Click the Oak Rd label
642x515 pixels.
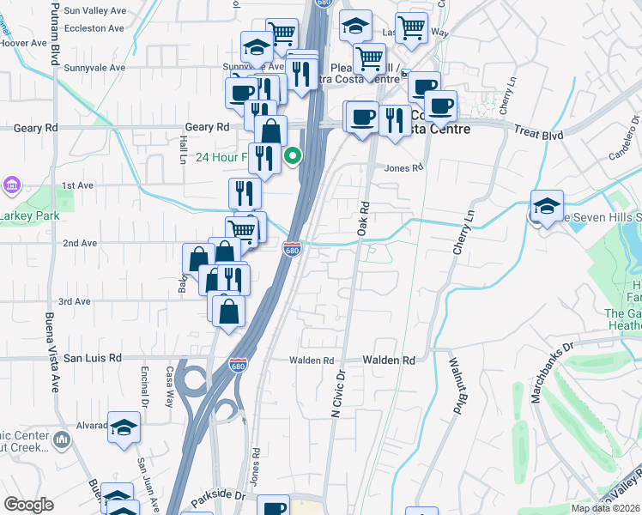pyautogui.click(x=364, y=218)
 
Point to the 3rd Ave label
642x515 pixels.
pyautogui.click(x=75, y=301)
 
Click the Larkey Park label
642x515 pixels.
pyautogui.click(x=29, y=215)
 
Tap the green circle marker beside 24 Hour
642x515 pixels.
pyautogui.click(x=293, y=156)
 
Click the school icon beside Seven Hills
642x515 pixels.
pyautogui.click(x=546, y=207)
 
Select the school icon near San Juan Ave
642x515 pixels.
pyautogui.click(x=124, y=426)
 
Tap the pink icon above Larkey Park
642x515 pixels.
pyautogui.click(x=10, y=185)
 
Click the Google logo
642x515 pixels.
pyautogui.click(x=27, y=505)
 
